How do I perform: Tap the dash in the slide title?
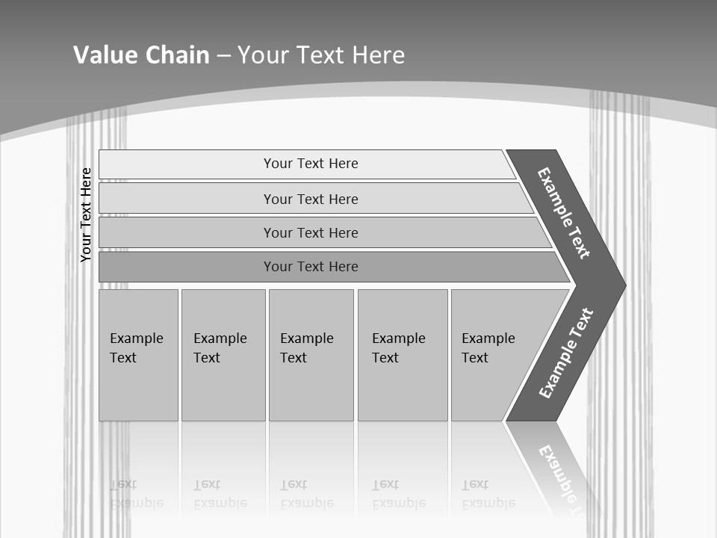point(223,56)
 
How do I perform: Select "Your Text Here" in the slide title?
point(321,55)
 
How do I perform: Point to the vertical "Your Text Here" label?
point(86,214)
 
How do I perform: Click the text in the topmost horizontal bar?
point(311,164)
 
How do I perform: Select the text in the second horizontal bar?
point(311,200)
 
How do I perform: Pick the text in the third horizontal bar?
point(311,233)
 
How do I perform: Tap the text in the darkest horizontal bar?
point(311,267)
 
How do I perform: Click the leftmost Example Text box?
point(138,355)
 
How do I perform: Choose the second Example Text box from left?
point(223,355)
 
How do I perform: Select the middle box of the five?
point(311,355)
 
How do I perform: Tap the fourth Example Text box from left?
point(402,355)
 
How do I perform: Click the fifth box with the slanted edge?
point(489,355)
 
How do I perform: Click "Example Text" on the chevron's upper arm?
point(564,213)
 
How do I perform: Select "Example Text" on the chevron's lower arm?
point(566,353)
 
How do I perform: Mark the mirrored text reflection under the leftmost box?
point(136,494)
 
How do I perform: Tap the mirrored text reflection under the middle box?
point(307,494)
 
